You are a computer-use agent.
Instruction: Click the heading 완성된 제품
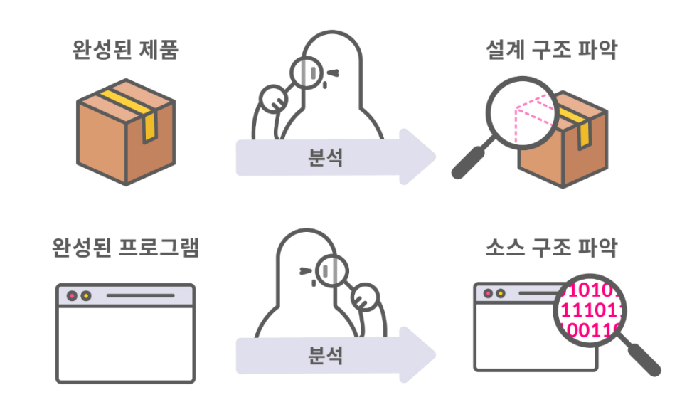point(124,51)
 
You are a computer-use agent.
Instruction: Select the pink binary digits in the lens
point(590,310)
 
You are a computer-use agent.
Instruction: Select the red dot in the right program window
point(488,292)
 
